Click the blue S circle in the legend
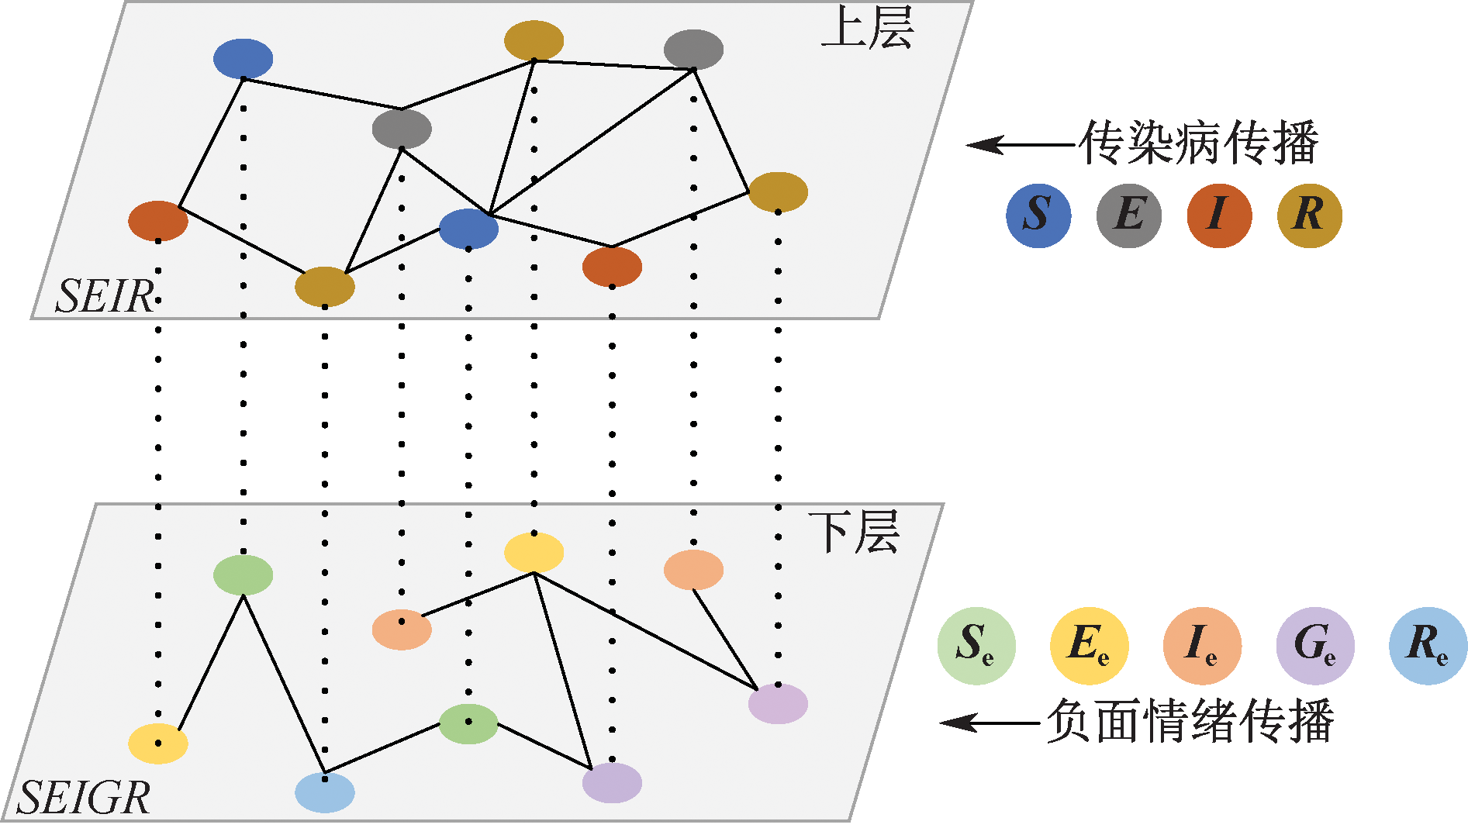pos(1038,215)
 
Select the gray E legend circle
pos(1128,215)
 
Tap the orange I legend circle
pos(1218,215)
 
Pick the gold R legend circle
pos(1309,215)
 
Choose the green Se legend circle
pos(976,645)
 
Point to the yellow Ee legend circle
pos(1089,645)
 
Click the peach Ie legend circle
pos(1201,645)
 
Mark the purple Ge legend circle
pos(1314,645)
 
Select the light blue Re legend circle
pos(1428,645)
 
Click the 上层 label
pos(867,29)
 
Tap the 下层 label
pos(853,533)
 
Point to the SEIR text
pos(105,296)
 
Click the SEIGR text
pos(84,798)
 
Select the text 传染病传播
pos(1199,143)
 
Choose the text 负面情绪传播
pos(1190,721)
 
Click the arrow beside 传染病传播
pos(1020,145)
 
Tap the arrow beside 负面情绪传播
pos(990,723)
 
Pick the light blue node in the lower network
pos(325,792)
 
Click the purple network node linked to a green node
pos(612,782)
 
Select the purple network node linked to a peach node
pos(778,703)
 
